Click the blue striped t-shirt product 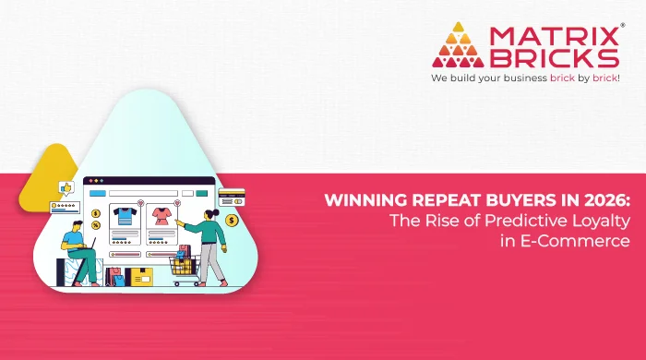tap(124, 218)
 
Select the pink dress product tap(161, 218)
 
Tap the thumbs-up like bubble tap(66, 188)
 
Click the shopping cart tap(184, 267)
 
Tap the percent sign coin tap(96, 225)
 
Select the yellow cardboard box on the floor tap(140, 276)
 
